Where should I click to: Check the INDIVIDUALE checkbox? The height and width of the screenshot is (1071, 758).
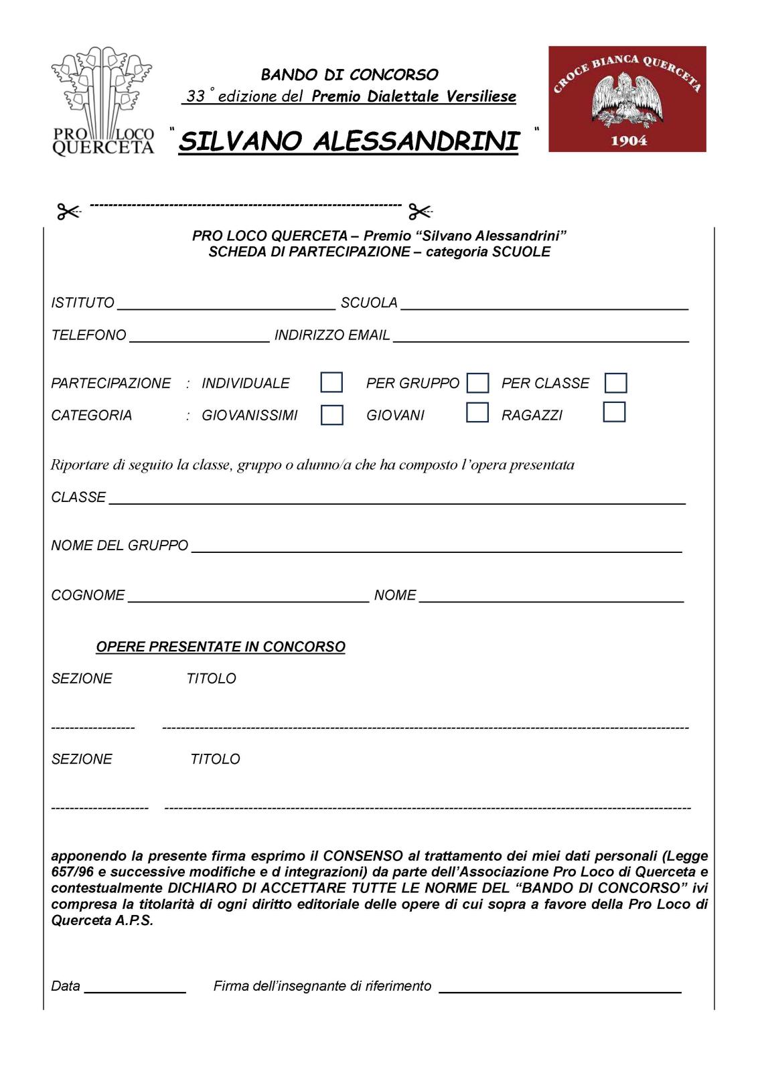(331, 382)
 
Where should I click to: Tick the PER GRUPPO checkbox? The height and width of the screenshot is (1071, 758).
(477, 383)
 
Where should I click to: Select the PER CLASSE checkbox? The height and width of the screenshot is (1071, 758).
(615, 383)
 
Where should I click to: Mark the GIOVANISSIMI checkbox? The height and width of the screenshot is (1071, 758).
(332, 415)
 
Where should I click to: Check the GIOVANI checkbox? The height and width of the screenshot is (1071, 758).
(477, 412)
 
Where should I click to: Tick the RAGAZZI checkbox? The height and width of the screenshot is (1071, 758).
(614, 412)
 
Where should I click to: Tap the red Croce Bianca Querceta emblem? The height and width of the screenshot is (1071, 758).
(627, 98)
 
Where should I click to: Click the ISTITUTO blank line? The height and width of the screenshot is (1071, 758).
(226, 305)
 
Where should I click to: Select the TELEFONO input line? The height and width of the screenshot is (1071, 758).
(199, 337)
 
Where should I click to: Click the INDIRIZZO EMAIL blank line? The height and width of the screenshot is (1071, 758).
(540, 337)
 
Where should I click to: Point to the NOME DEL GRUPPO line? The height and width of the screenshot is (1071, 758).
(437, 547)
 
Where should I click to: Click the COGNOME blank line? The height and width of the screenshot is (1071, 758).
(248, 597)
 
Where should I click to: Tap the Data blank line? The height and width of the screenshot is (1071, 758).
(135, 987)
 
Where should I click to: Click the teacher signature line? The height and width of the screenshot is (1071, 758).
(559, 987)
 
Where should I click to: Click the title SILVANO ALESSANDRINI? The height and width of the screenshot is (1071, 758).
(349, 141)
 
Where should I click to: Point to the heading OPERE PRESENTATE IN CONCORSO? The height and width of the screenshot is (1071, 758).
(220, 647)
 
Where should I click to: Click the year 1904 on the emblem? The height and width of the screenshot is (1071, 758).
(629, 141)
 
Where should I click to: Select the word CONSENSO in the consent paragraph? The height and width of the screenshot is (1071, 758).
(363, 855)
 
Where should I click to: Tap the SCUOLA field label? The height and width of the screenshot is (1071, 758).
(369, 303)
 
